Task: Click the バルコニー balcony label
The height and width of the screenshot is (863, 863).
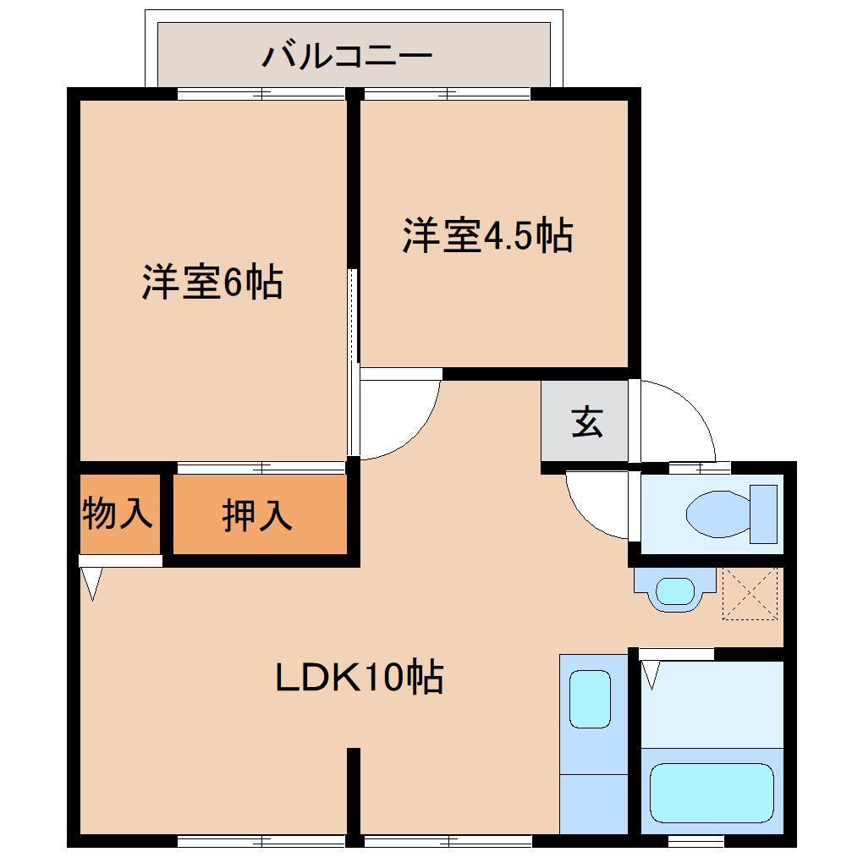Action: click(x=347, y=57)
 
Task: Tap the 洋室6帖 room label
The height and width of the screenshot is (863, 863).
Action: click(x=212, y=283)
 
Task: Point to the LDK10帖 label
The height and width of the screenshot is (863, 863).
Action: click(x=360, y=677)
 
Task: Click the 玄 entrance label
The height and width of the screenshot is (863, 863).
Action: click(x=586, y=421)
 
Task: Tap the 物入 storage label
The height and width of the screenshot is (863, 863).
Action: click(x=118, y=513)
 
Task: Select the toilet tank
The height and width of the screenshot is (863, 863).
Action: click(x=763, y=514)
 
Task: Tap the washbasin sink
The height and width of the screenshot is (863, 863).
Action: click(x=674, y=590)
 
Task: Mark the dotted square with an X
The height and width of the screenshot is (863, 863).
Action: click(x=750, y=593)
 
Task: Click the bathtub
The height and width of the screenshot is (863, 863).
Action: click(x=712, y=793)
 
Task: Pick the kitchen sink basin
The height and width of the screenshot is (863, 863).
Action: click(x=590, y=698)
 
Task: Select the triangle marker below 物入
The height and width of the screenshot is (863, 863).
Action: click(x=91, y=582)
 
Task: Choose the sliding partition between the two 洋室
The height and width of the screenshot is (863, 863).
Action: click(x=354, y=322)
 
